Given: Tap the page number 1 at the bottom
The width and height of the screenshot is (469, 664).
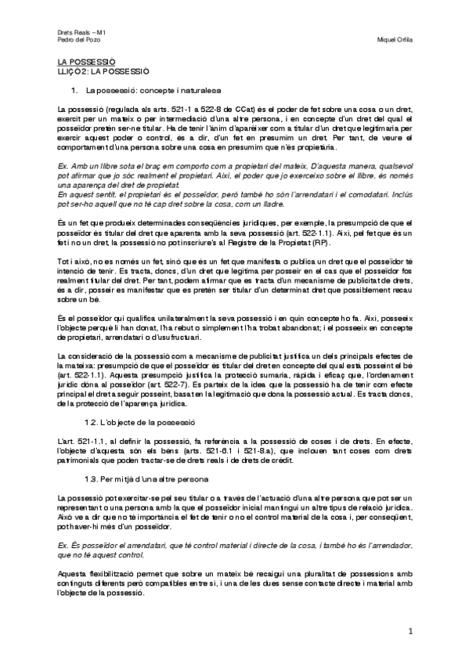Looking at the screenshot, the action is [x=409, y=630].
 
